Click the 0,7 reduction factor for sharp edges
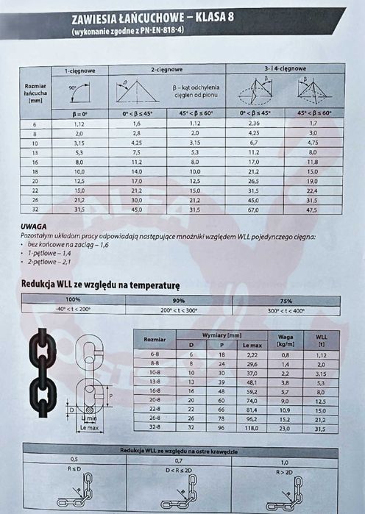click(178, 460)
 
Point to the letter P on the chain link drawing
click(110, 393)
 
